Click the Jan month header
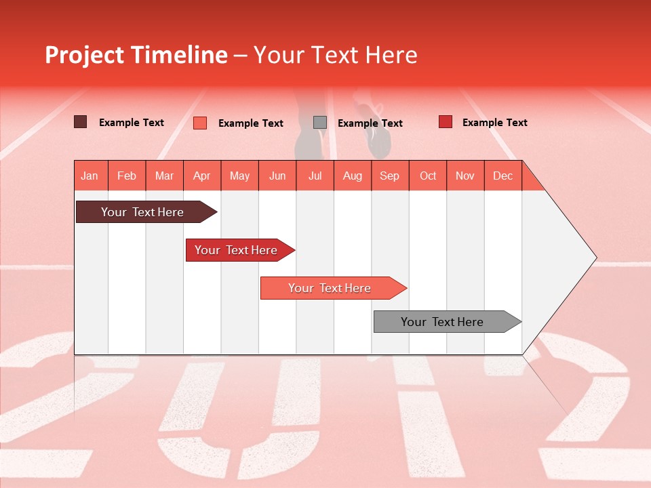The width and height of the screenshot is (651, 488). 90,176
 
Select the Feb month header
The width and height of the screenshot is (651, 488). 127,176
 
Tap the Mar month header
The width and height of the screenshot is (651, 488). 164,176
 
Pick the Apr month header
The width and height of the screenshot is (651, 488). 202,176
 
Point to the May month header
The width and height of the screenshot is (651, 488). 239,176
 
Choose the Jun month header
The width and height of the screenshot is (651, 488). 277,176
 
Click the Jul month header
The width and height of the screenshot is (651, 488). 315,176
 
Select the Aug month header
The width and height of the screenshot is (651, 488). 353,176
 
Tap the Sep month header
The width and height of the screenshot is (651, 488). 390,176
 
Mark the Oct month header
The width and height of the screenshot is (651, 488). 428,176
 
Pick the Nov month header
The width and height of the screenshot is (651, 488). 465,176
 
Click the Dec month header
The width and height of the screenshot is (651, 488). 503,176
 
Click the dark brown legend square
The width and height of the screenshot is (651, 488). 81,122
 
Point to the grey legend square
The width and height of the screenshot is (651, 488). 320,123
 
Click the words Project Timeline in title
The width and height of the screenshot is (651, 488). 136,55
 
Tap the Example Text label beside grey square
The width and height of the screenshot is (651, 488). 370,123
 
